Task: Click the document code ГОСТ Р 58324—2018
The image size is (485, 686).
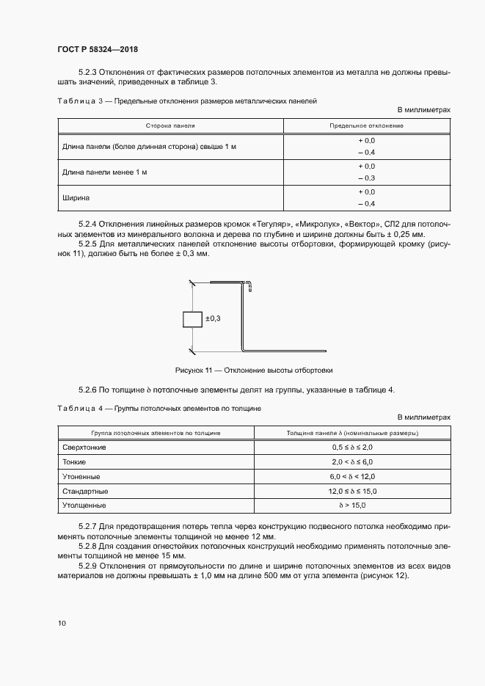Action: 98,49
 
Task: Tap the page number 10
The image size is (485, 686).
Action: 62,624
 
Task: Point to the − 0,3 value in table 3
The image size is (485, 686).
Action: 366,178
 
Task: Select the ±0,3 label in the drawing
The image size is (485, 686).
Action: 214,318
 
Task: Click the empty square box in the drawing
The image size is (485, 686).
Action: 192,319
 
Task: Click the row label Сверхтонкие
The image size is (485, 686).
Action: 85,447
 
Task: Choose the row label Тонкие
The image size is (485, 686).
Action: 74,461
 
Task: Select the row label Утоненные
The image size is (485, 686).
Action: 81,476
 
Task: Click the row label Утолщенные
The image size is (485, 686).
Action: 84,506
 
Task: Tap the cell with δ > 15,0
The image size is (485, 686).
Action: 352,506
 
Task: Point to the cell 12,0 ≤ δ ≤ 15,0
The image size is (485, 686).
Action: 352,491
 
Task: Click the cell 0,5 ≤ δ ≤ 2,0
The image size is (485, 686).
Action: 352,447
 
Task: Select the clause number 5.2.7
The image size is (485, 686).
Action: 87,528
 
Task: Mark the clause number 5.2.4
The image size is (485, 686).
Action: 87,222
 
